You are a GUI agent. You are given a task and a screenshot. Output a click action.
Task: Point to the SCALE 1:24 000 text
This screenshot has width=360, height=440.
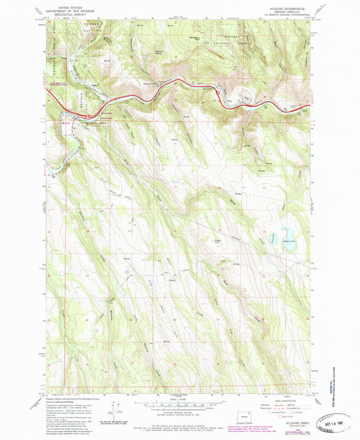(x=180, y=399)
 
